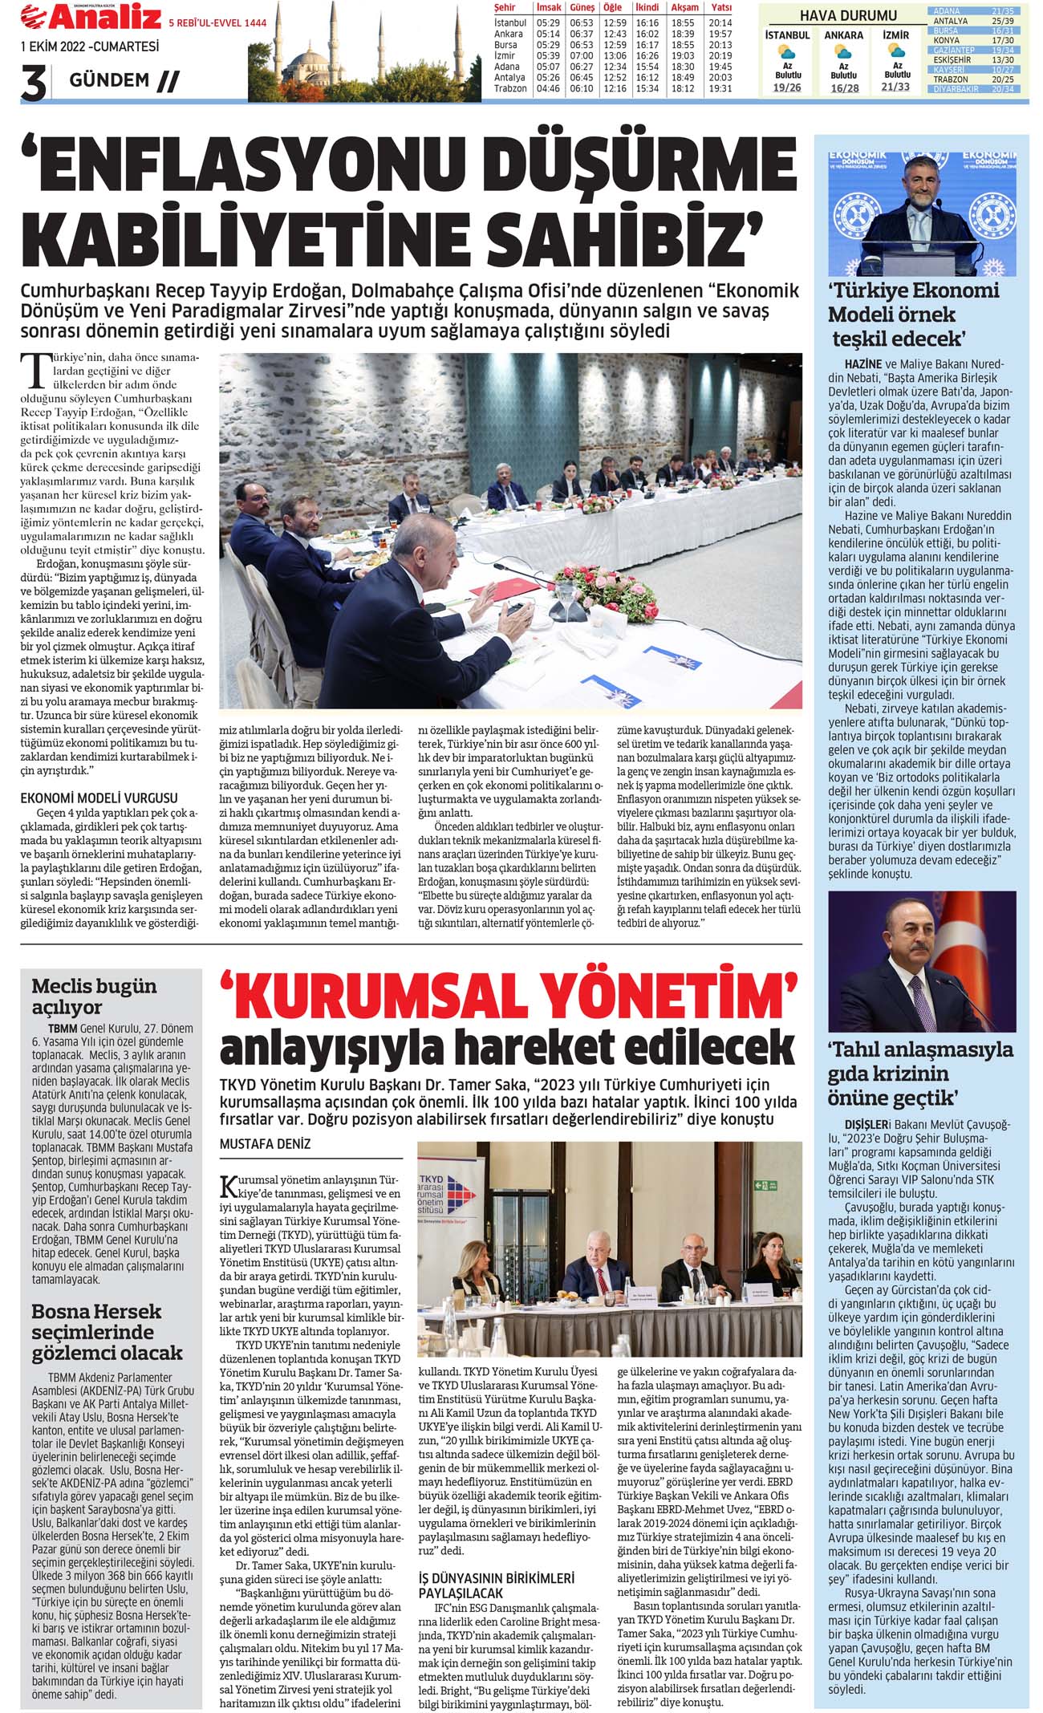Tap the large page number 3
click(x=33, y=83)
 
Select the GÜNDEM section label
click(x=110, y=79)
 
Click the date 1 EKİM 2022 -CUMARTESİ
click(x=90, y=47)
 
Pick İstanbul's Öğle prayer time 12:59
click(x=615, y=23)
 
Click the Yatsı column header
click(x=720, y=7)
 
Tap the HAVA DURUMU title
click(x=848, y=15)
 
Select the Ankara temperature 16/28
click(x=844, y=88)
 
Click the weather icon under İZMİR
click(x=896, y=51)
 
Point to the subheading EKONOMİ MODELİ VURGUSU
click(x=99, y=798)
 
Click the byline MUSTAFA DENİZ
click(x=265, y=1143)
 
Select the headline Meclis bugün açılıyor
click(x=94, y=996)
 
